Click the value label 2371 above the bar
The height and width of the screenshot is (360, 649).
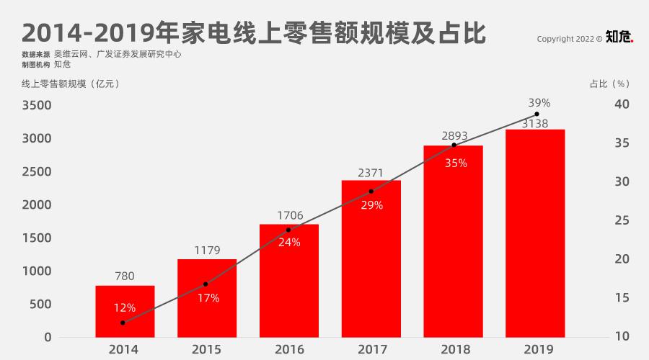371,173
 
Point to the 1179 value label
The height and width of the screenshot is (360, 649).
207,251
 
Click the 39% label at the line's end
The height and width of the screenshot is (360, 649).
539,103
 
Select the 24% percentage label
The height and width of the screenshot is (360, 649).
288,243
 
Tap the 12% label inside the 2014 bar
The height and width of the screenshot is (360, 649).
125,307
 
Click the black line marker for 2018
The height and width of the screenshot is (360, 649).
454,145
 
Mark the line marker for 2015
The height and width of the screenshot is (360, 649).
206,284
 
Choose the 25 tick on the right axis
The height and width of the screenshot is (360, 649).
621,221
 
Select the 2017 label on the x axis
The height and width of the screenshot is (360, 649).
371,349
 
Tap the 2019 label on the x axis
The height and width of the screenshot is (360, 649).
535,349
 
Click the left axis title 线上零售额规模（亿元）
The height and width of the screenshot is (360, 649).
71,84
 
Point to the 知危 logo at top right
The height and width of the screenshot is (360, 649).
619,37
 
